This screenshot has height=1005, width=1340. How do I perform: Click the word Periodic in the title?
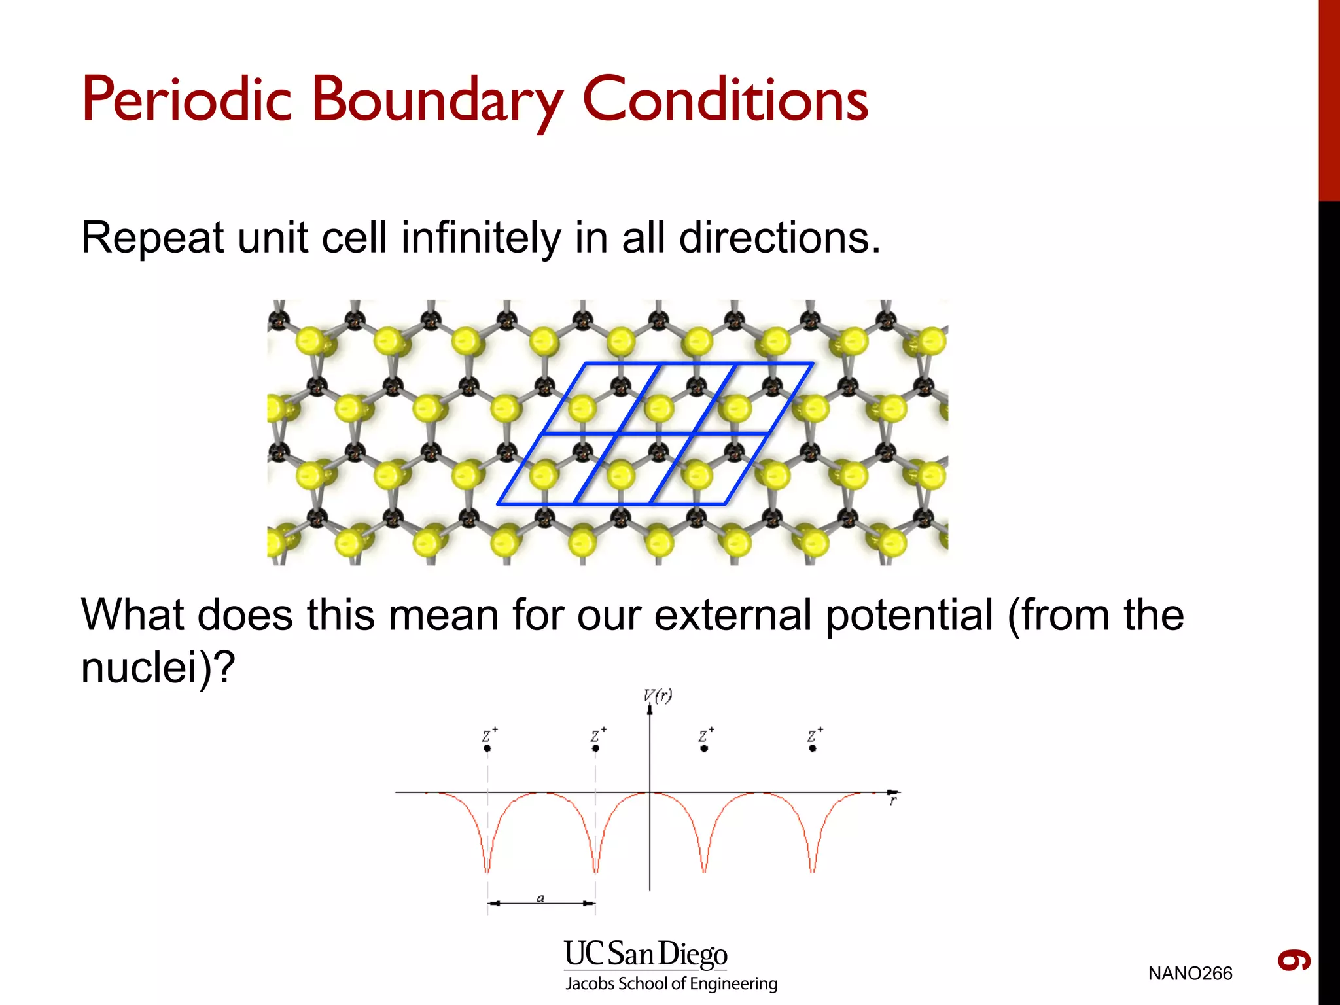[186, 99]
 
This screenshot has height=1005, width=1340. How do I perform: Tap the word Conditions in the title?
[725, 99]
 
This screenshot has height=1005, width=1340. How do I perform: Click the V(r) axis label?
[658, 696]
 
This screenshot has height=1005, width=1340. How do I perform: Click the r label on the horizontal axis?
[892, 801]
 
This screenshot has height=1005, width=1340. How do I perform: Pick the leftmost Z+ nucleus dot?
[487, 748]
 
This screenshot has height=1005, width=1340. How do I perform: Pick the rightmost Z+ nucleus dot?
[813, 748]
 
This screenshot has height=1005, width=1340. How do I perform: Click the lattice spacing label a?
[540, 898]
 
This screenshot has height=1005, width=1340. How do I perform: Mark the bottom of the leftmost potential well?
[487, 870]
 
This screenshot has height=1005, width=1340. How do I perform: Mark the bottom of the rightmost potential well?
[813, 870]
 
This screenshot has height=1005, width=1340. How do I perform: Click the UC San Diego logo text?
[645, 954]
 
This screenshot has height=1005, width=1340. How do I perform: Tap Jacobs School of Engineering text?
[671, 983]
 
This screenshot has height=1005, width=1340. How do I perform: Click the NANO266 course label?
[1190, 974]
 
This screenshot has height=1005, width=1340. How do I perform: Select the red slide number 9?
[1294, 961]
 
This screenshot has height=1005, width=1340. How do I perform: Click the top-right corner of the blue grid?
[813, 363]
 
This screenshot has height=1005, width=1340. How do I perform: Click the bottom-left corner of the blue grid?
[498, 504]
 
